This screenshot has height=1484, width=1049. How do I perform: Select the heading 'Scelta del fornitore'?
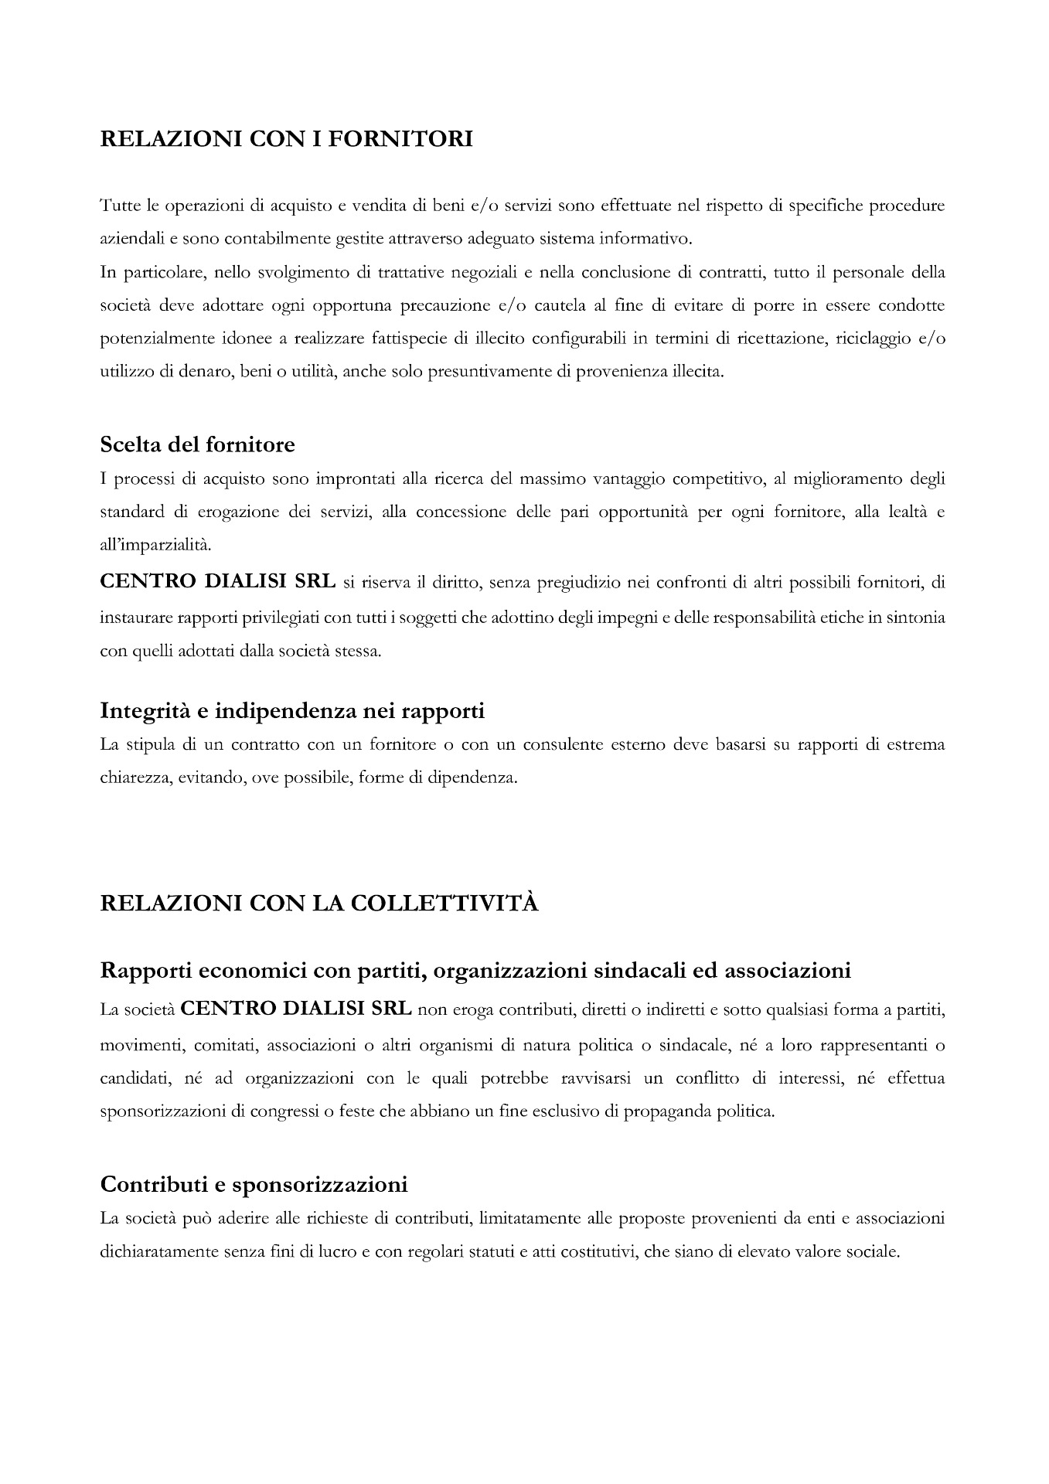tap(197, 445)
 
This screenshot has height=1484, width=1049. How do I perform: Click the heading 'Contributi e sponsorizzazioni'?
tap(254, 1184)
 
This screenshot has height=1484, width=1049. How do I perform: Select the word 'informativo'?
tap(648, 239)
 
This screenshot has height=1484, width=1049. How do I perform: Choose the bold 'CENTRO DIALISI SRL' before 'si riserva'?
tap(218, 582)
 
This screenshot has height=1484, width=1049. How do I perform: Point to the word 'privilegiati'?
tap(297, 618)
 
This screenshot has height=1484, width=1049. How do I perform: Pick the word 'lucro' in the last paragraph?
tap(338, 1251)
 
